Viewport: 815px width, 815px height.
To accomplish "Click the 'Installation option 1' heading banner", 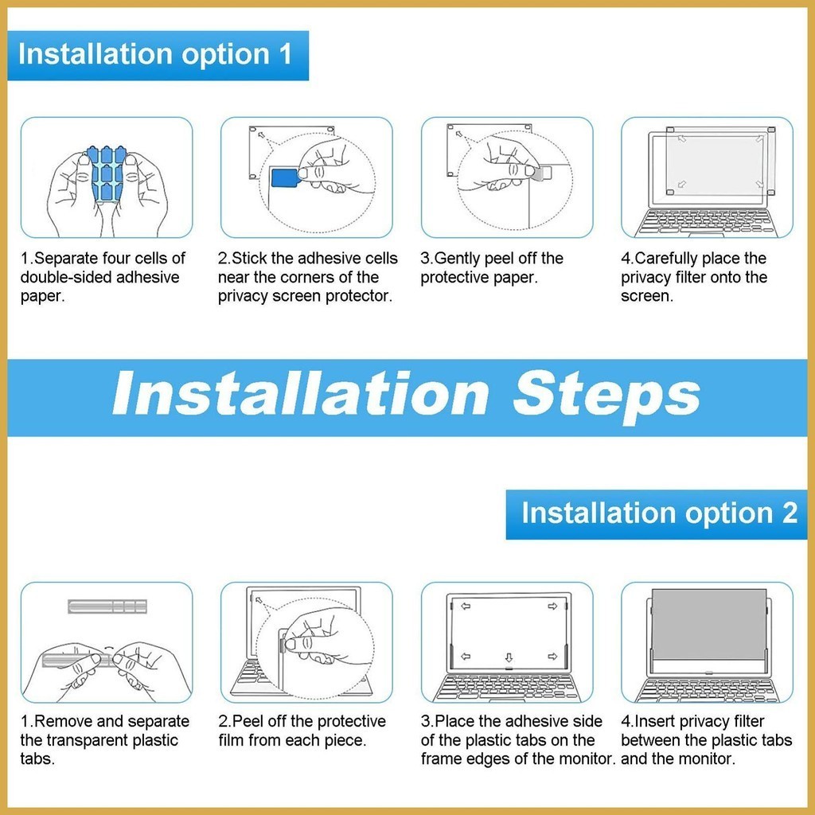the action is pyautogui.click(x=158, y=56).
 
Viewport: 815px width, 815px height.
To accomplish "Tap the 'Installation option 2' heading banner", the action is pyautogui.click(x=657, y=514).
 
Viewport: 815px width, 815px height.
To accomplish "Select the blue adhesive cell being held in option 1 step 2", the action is pyautogui.click(x=285, y=177).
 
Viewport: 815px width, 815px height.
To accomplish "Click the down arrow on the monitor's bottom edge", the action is pyautogui.click(x=509, y=657).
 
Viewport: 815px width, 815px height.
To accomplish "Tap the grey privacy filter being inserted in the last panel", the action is pyautogui.click(x=709, y=623).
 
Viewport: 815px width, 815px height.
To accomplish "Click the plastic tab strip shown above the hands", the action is pyautogui.click(x=107, y=606).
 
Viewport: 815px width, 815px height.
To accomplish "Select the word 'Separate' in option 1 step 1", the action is pyautogui.click(x=66, y=259).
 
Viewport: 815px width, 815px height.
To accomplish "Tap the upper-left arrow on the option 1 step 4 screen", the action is pyautogui.click(x=681, y=138).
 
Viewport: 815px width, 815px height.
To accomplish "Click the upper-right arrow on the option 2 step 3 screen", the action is pyautogui.click(x=552, y=606).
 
